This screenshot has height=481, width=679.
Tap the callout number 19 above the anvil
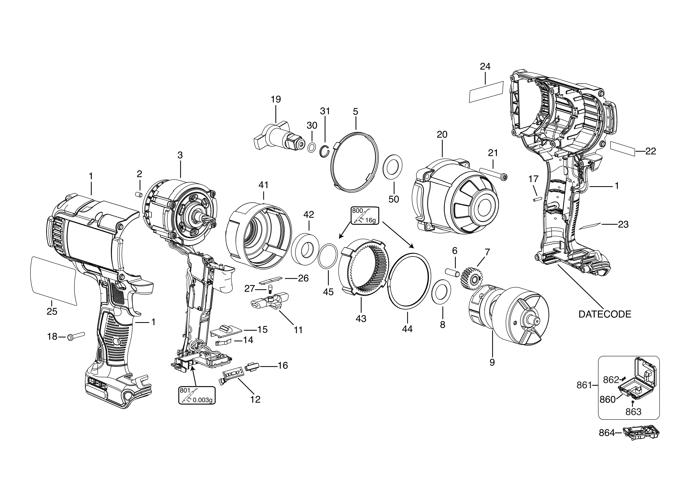276,100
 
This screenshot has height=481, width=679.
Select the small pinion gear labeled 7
472,279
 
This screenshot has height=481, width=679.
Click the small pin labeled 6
452,271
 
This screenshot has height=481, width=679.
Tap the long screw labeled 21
493,174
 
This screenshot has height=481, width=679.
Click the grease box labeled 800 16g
364,215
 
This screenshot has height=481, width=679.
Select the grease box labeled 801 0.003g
196,395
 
